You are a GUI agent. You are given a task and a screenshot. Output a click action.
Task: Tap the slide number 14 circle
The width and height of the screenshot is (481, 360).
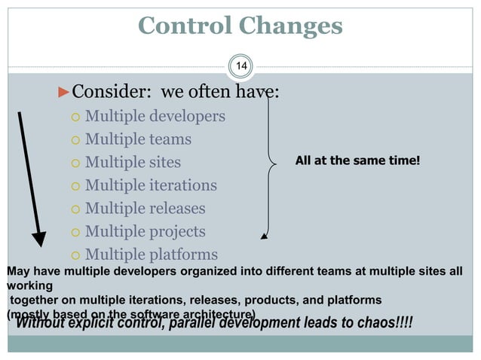coord(240,68)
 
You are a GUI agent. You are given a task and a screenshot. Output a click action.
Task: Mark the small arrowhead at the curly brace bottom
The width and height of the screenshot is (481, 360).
coord(263,236)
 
